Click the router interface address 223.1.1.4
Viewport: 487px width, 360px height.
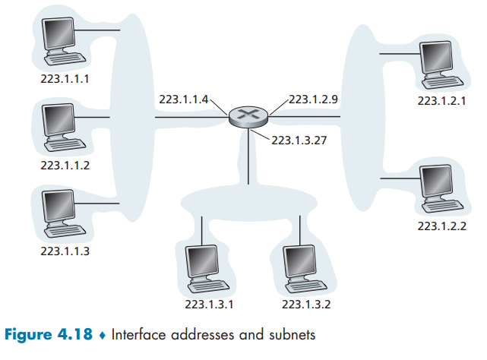click(x=185, y=99)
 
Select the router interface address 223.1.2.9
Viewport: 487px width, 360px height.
click(x=314, y=99)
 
